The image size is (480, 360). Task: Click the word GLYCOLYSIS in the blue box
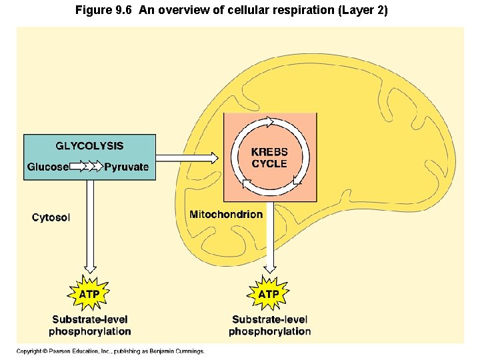(x=89, y=146)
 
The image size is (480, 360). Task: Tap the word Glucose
(x=47, y=167)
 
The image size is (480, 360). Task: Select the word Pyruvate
(x=127, y=167)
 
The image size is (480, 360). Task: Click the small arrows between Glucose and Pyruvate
(x=86, y=167)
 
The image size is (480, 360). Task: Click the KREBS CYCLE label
(x=269, y=158)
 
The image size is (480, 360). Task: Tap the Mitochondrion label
(x=226, y=214)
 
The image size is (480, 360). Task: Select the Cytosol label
(x=51, y=217)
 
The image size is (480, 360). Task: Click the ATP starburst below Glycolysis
(x=90, y=293)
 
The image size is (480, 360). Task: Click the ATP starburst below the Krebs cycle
(x=269, y=293)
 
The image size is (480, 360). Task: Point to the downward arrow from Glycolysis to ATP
(x=90, y=227)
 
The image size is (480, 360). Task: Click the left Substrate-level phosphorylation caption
(x=90, y=325)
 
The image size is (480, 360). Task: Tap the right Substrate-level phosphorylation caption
(x=269, y=325)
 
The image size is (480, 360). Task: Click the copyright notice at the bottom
(x=111, y=351)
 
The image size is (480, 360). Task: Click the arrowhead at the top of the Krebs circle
(x=270, y=122)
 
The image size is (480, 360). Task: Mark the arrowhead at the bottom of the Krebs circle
(x=246, y=181)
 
